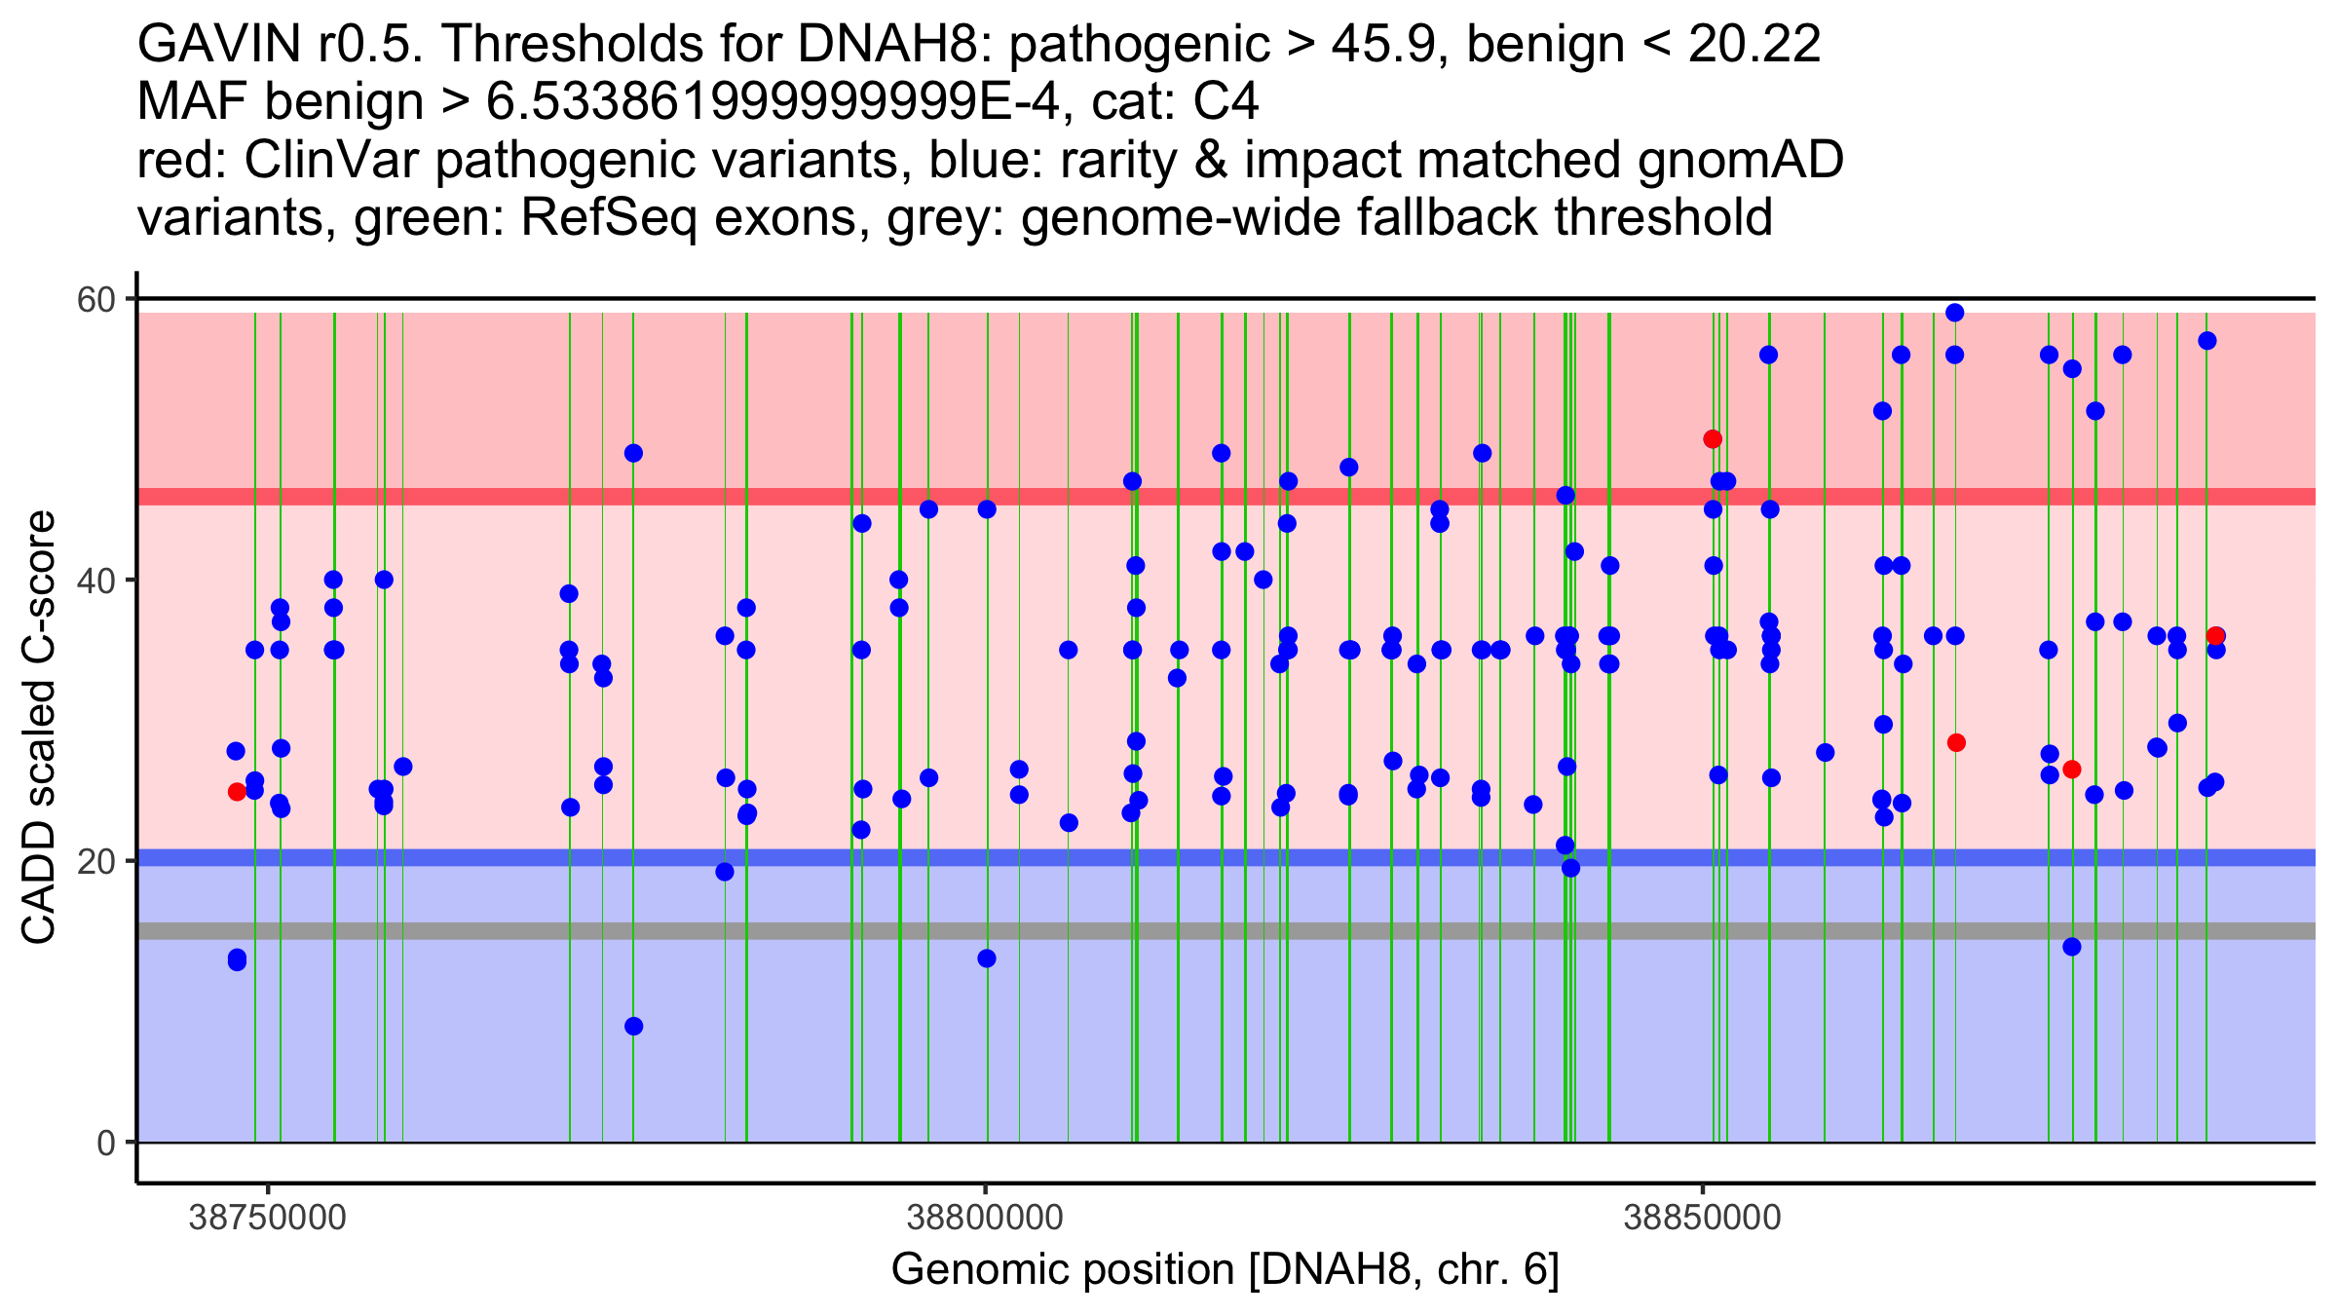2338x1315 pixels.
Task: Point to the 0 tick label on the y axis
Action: (x=105, y=1143)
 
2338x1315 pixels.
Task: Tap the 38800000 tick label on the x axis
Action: (x=985, y=1218)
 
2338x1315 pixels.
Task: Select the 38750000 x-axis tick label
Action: (x=267, y=1218)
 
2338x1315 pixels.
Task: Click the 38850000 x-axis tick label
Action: (x=1703, y=1218)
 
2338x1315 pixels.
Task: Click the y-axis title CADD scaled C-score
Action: (x=39, y=728)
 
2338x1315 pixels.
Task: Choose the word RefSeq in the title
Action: (x=609, y=218)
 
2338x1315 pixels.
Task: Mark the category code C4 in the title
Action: (x=1226, y=102)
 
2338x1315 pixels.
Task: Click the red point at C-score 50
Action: (x=1713, y=439)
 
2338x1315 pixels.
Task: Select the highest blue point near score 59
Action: (x=1954, y=313)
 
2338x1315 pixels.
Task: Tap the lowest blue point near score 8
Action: (x=633, y=1027)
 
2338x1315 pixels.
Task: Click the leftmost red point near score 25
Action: (x=237, y=792)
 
